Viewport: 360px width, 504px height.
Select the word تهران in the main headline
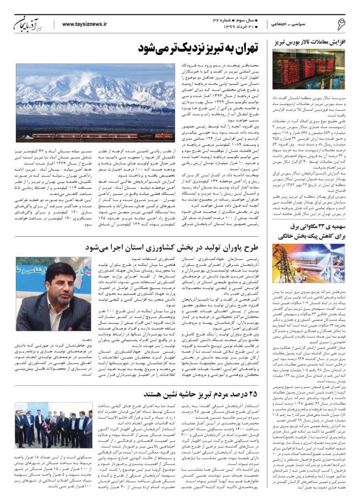coord(242,49)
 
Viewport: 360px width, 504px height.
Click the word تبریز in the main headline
coord(205,49)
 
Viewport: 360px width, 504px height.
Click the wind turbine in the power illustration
coord(325,253)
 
